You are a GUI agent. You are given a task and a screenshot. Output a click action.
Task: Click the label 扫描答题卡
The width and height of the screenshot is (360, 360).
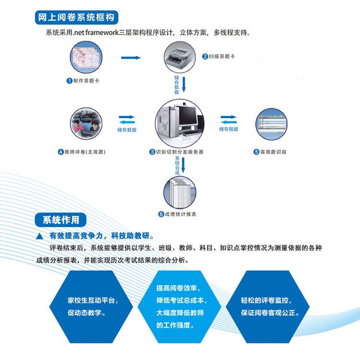(221, 56)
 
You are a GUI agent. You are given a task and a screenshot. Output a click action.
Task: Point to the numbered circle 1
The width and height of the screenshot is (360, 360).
(69, 81)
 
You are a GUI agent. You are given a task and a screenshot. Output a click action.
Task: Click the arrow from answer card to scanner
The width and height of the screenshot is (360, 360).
(131, 58)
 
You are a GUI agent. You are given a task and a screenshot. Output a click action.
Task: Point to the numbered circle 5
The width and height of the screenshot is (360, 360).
(256, 152)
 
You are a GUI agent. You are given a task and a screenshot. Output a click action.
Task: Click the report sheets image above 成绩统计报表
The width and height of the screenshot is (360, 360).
(180, 191)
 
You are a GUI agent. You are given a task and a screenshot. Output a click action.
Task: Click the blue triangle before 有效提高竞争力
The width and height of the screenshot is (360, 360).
(40, 236)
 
